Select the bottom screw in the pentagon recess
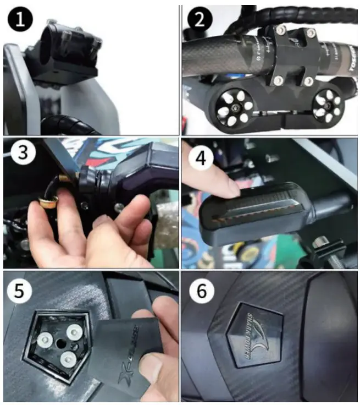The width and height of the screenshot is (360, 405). (x=67, y=360)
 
